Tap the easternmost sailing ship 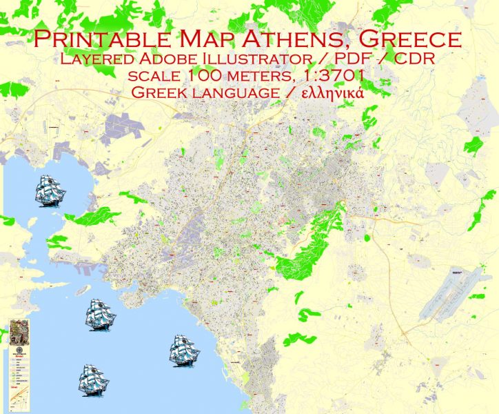click(x=185, y=351)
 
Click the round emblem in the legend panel click(x=18, y=355)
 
